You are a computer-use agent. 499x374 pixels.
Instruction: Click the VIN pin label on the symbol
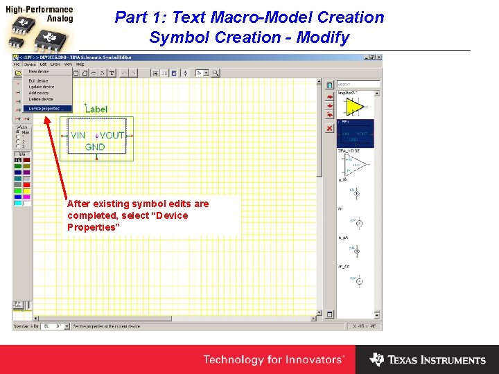click(x=78, y=136)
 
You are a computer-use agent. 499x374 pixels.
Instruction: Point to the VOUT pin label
click(x=111, y=136)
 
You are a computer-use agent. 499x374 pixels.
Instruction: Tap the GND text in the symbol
click(x=95, y=147)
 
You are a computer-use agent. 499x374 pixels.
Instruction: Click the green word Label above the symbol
click(x=96, y=109)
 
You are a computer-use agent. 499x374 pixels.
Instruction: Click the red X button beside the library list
click(x=329, y=128)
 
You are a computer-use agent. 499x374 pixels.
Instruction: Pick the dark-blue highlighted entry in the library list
click(x=355, y=134)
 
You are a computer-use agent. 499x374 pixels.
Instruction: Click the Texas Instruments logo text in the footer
click(x=437, y=360)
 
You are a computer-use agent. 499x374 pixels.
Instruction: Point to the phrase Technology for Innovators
click(x=273, y=359)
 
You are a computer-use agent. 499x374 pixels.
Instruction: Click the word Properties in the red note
click(x=91, y=227)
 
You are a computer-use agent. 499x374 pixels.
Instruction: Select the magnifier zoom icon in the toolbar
click(x=216, y=73)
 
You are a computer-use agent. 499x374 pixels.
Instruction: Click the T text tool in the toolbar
click(x=112, y=73)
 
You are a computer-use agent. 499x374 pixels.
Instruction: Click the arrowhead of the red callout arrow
click(x=46, y=117)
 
